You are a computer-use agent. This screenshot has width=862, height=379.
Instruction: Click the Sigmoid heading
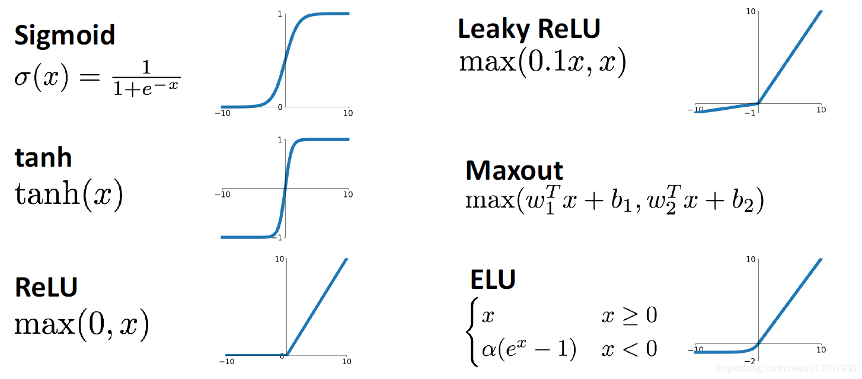(x=65, y=36)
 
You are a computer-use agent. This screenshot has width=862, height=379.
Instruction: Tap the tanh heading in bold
(x=43, y=157)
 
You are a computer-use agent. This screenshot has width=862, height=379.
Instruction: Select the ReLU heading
(x=46, y=286)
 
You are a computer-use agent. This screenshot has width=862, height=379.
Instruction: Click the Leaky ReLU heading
(x=529, y=28)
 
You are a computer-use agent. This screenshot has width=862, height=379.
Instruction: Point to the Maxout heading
(x=514, y=171)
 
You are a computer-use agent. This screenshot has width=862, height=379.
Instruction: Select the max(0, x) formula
(x=81, y=324)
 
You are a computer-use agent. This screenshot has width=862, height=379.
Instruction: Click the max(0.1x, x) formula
(x=542, y=62)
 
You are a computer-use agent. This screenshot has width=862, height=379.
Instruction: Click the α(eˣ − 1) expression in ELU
(x=529, y=349)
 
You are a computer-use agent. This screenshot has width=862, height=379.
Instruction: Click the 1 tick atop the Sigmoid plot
(x=279, y=13)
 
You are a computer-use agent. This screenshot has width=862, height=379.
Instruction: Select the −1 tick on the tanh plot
(x=277, y=237)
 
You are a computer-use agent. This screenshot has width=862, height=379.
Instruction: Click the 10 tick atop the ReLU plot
(x=279, y=259)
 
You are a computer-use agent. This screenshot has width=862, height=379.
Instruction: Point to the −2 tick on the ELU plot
(x=750, y=361)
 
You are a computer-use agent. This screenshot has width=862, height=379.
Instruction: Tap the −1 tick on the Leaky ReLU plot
(x=750, y=113)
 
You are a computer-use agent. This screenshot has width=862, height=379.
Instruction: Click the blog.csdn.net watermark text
(x=786, y=368)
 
